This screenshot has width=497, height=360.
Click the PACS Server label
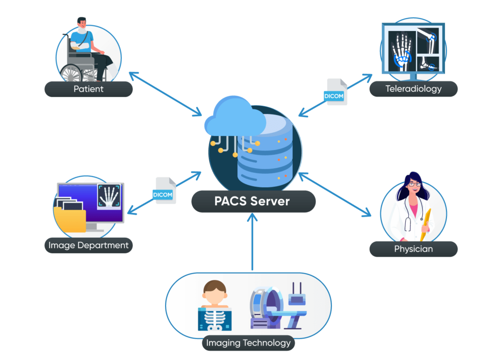click(252, 201)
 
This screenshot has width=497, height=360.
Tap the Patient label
click(88, 89)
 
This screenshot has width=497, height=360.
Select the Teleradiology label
click(413, 89)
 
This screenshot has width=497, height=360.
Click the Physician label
click(413, 249)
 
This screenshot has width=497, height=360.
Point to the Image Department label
click(88, 245)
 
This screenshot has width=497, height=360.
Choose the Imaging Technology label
click(248, 343)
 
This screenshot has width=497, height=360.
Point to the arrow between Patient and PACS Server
click(165, 94)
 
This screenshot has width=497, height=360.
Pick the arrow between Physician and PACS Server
click(335, 194)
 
